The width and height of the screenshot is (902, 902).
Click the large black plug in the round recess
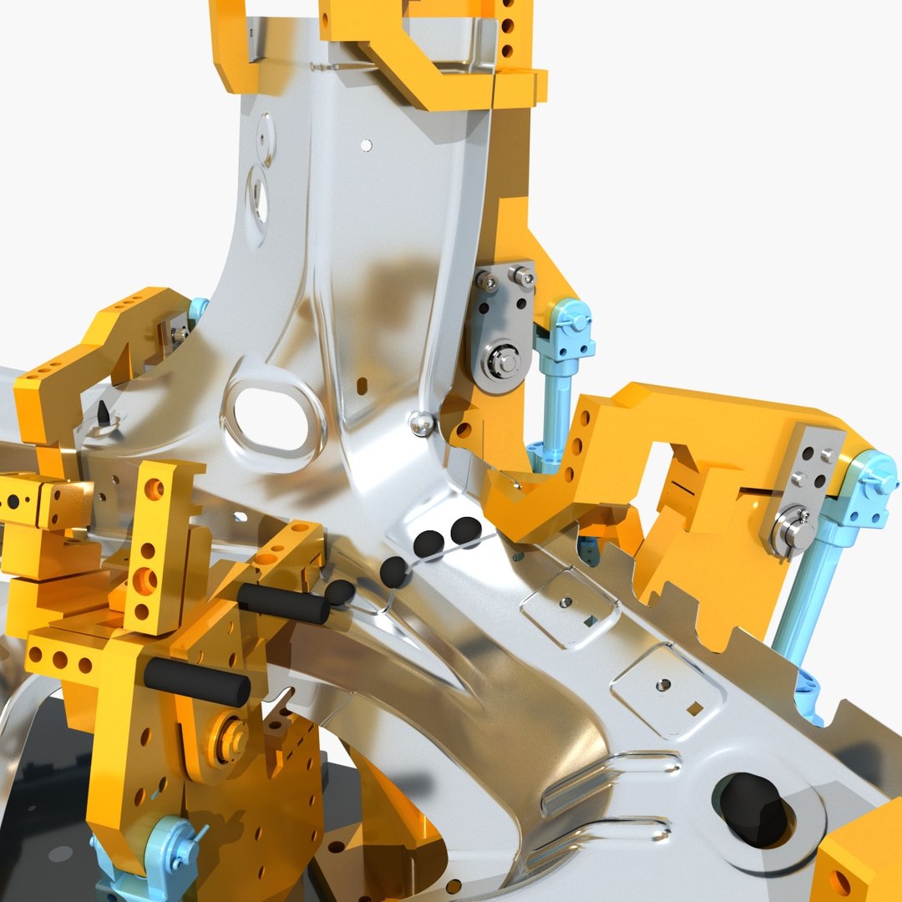click(x=753, y=808)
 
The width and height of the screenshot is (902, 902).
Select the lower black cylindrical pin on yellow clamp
click(x=197, y=682)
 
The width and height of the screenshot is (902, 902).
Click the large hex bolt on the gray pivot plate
click(x=504, y=362)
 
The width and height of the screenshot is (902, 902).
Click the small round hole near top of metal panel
click(x=366, y=145)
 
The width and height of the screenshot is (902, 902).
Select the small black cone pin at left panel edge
click(x=103, y=412)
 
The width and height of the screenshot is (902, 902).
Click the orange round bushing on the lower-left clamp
click(x=229, y=738)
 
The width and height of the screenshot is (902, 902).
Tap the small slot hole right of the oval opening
click(x=362, y=385)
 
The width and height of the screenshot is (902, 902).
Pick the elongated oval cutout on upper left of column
click(x=260, y=196)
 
